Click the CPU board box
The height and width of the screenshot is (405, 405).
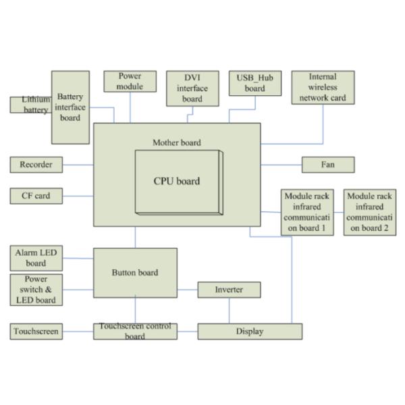tap(177, 181)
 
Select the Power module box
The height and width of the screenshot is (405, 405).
tap(130, 82)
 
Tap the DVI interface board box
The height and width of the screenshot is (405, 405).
tap(192, 88)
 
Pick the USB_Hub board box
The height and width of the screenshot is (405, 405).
tap(254, 83)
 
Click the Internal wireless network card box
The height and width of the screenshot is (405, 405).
tap(323, 88)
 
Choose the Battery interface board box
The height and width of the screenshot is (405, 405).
tap(70, 107)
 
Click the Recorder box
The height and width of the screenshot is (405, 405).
tap(36, 164)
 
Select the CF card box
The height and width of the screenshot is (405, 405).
tap(36, 196)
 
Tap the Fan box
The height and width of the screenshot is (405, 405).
tap(327, 164)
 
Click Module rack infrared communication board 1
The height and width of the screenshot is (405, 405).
tap(307, 212)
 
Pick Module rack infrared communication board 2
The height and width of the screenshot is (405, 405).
tap(369, 212)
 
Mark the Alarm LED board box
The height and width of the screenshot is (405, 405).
tap(36, 258)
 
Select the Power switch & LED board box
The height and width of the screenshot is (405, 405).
tap(36, 290)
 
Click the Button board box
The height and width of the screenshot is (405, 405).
tap(135, 273)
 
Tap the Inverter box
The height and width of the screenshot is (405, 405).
tap(229, 290)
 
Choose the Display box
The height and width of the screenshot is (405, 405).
tap(250, 331)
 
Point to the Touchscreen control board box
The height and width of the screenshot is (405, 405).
tap(135, 331)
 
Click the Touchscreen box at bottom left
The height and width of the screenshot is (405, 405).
tap(36, 331)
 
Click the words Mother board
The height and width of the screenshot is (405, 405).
tap(176, 142)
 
